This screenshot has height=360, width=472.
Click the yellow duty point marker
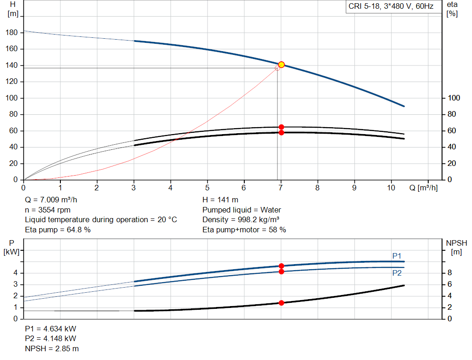[281, 65]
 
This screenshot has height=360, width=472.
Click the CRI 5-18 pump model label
[390, 7]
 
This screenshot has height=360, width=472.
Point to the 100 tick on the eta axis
[454, 98]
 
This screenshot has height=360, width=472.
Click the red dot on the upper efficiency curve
[281, 127]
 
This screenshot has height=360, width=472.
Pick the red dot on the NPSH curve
[281, 303]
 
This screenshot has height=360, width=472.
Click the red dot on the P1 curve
[281, 266]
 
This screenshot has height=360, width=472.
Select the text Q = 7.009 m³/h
[54, 200]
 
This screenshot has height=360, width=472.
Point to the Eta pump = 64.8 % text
[58, 230]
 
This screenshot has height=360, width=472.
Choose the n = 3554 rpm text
[47, 210]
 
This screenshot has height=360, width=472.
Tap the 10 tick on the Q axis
[391, 188]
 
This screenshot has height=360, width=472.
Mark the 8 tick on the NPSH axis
[449, 273]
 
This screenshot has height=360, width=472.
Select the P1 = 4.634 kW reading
[50, 329]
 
